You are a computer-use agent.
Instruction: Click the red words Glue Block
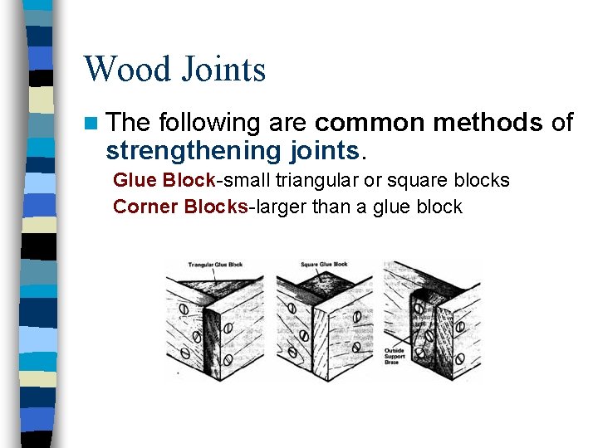[164, 180]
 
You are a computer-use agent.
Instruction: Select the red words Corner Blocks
[180, 207]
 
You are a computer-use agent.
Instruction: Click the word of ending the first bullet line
[561, 123]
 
